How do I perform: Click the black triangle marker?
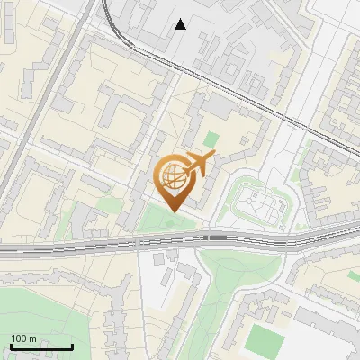coord(181,24)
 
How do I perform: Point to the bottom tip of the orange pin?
coord(173,211)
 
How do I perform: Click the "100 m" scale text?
coord(23,338)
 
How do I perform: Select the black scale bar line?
coord(41,346)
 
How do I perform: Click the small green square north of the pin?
coord(211,140)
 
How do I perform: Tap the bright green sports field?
coord(265,339)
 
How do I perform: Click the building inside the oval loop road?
coord(261,204)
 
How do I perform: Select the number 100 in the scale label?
coord(19,338)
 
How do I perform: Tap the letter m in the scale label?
coord(32,338)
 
